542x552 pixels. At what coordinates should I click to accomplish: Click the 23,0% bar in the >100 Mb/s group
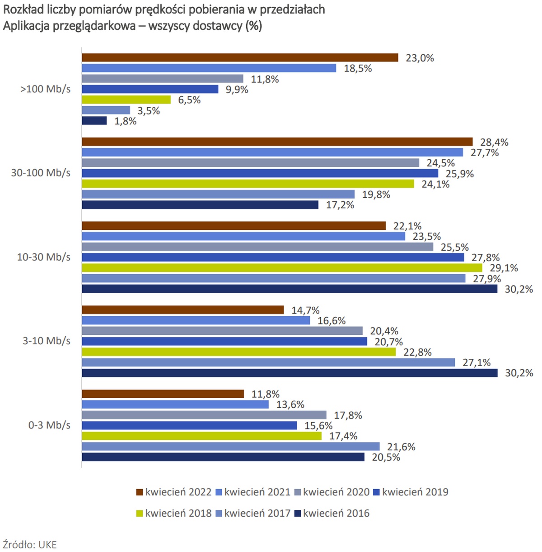pyautogui.click(x=240, y=57)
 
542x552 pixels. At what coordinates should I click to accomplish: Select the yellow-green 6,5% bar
pyautogui.click(x=126, y=100)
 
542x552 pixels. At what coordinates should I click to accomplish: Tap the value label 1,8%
pyautogui.click(x=125, y=121)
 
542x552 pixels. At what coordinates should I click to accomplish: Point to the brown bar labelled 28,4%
pyautogui.click(x=277, y=142)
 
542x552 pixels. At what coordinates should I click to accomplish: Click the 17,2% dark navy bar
pyautogui.click(x=200, y=205)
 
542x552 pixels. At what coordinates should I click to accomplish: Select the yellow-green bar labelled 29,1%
pyautogui.click(x=282, y=268)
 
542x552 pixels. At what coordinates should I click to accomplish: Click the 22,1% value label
pyautogui.click(x=407, y=226)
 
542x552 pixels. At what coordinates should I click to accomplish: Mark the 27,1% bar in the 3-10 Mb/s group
pyautogui.click(x=268, y=362)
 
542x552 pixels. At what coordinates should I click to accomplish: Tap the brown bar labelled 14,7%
pyautogui.click(x=183, y=310)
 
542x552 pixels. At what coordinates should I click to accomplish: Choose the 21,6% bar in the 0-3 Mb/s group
pyautogui.click(x=230, y=447)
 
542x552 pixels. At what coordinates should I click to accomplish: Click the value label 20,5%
pyautogui.click(x=386, y=457)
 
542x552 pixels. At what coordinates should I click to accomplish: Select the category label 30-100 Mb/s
pyautogui.click(x=41, y=173)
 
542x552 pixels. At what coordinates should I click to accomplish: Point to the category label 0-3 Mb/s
pyautogui.click(x=49, y=425)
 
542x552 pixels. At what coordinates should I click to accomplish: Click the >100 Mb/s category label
pyautogui.click(x=45, y=89)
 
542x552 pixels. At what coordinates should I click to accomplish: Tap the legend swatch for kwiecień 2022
pyautogui.click(x=140, y=492)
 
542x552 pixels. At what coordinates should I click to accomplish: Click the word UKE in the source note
pyautogui.click(x=47, y=544)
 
